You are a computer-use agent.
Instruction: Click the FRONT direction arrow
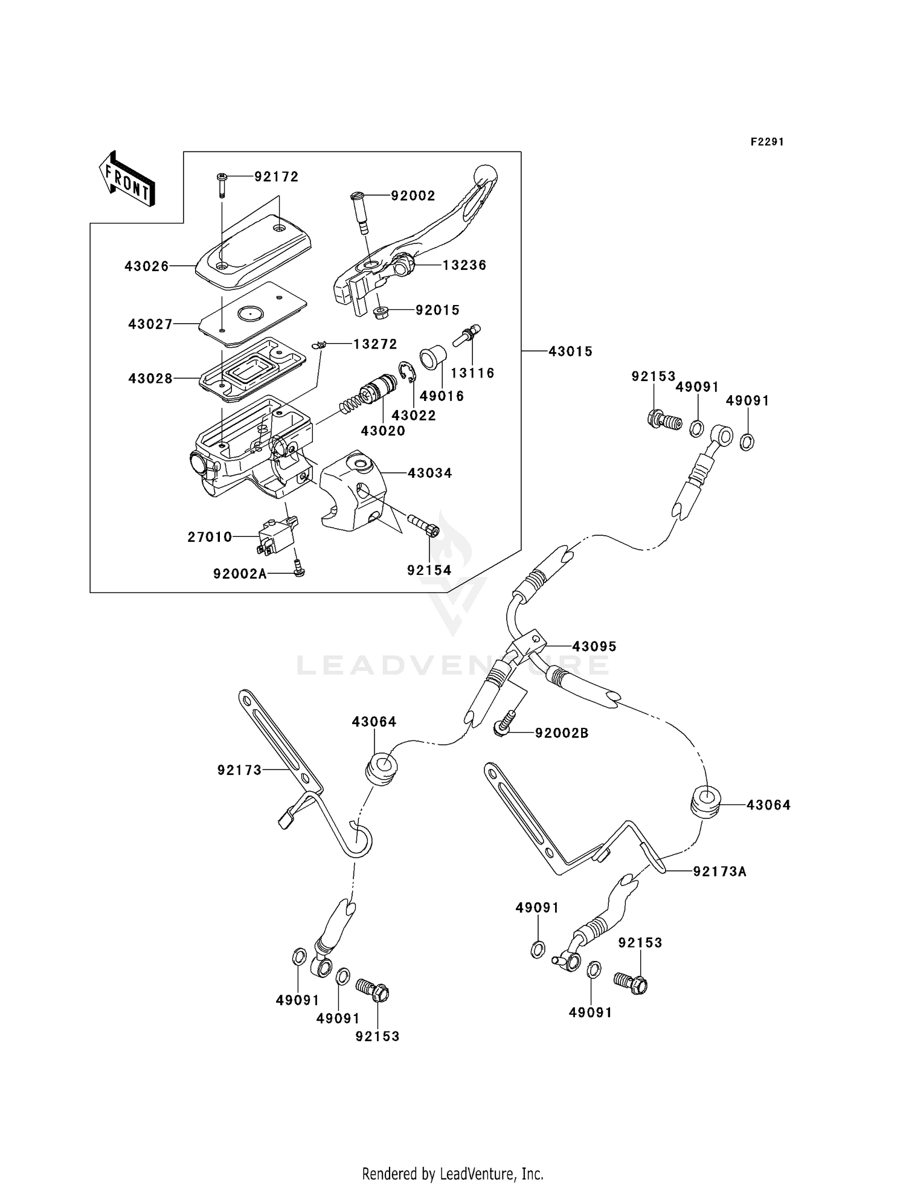(x=126, y=179)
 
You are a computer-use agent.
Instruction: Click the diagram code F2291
(x=767, y=142)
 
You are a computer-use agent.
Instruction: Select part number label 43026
(x=147, y=266)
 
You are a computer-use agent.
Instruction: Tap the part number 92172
(x=276, y=177)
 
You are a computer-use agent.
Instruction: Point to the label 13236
(x=464, y=265)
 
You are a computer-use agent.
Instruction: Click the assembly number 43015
(x=570, y=352)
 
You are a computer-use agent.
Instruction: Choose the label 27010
(x=210, y=537)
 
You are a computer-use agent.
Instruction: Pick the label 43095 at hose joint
(x=594, y=647)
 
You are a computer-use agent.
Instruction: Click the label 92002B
(x=561, y=733)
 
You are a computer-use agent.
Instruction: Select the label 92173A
(x=719, y=872)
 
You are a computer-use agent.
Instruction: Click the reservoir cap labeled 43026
(x=254, y=251)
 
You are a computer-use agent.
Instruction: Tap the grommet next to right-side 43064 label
(x=705, y=802)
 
